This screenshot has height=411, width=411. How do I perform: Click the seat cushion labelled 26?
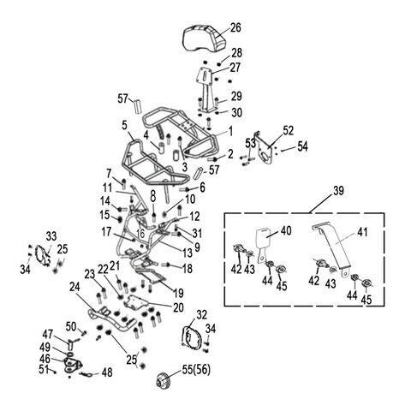click(204, 38)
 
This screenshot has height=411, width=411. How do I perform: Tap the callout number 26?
click(235, 27)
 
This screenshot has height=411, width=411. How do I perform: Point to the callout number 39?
click(338, 191)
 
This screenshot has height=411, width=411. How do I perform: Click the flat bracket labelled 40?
click(264, 244)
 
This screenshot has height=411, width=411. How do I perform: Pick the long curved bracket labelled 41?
click(332, 247)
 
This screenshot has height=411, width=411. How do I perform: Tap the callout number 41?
click(362, 232)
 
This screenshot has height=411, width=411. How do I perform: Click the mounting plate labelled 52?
click(265, 150)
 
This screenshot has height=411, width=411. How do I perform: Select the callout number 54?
click(302, 146)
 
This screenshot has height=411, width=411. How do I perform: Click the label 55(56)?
click(196, 370)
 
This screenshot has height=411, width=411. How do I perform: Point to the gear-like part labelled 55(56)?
click(164, 381)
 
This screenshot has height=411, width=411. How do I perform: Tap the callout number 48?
click(107, 372)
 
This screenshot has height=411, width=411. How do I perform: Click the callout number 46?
click(45, 359)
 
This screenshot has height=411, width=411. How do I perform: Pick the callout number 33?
click(51, 236)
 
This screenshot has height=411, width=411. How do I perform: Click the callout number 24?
click(74, 288)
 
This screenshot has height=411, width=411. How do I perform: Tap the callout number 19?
click(178, 293)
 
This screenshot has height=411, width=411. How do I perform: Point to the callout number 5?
click(124, 125)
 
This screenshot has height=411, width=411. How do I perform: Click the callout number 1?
click(230, 132)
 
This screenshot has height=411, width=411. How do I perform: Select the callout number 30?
click(236, 112)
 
